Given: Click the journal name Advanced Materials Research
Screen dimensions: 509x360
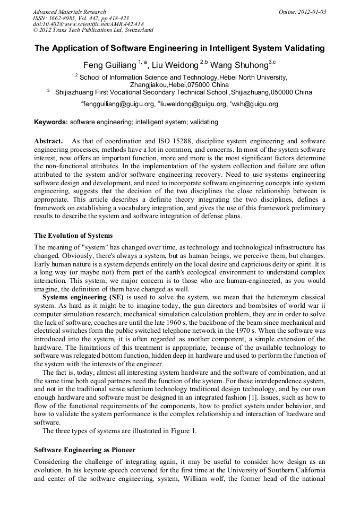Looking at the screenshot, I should click(69, 12).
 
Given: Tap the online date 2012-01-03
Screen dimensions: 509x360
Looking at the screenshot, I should click(310, 12).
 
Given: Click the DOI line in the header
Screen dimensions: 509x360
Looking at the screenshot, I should click(88, 24).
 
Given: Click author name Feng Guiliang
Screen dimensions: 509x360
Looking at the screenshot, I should click(111, 65).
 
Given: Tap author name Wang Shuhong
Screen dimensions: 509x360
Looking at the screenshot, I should click(239, 65).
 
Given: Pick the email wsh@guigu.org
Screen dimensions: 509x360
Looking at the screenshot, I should click(255, 104).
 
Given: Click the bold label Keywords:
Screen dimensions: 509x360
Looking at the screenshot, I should click(51, 122).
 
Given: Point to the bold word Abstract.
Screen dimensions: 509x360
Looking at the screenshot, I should click(48, 141).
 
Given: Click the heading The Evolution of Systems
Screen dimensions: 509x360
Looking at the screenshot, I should click(73, 235).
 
